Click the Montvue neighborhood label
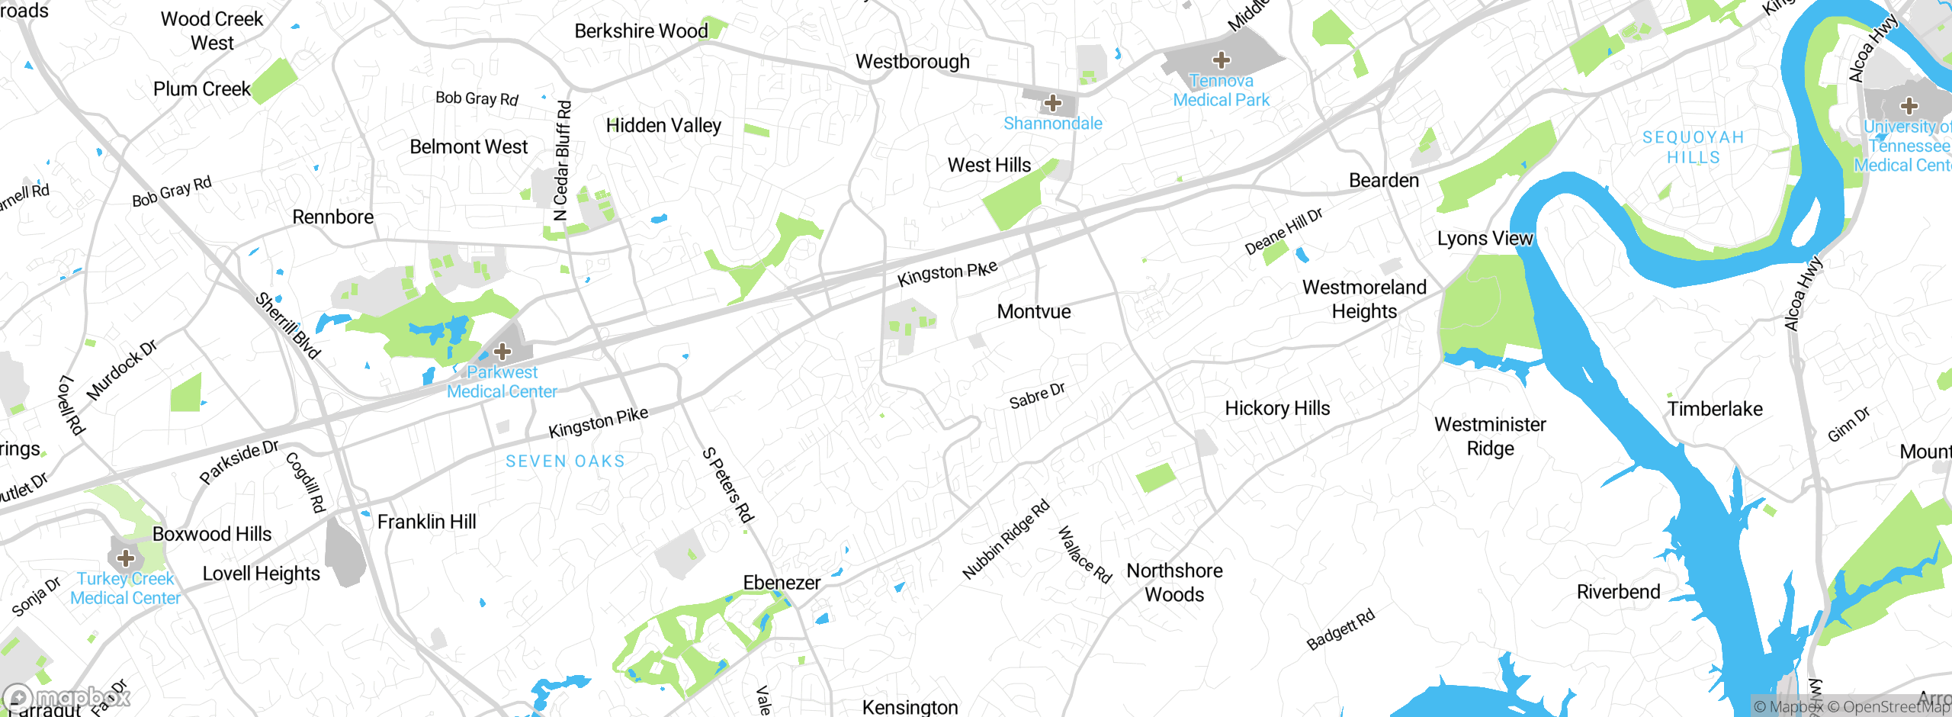[x=1034, y=311]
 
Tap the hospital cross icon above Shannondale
[x=1053, y=103]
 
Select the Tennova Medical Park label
[x=1221, y=91]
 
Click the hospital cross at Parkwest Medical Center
[x=502, y=352]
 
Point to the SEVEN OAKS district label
[x=565, y=461]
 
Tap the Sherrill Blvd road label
[x=287, y=326]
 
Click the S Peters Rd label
[x=727, y=486]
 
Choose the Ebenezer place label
[x=782, y=583]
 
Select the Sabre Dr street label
[x=1037, y=396]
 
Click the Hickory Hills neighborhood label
[x=1277, y=409]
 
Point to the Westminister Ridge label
[x=1490, y=436]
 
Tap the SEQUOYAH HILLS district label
[x=1693, y=147]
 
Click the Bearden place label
[x=1384, y=181]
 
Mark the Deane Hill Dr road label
[x=1283, y=231]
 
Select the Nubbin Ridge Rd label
[x=1006, y=539]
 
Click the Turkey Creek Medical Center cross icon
[x=126, y=558]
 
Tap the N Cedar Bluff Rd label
[x=563, y=161]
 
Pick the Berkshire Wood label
[x=641, y=31]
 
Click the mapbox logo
[x=67, y=697]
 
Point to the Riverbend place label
[x=1618, y=592]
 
